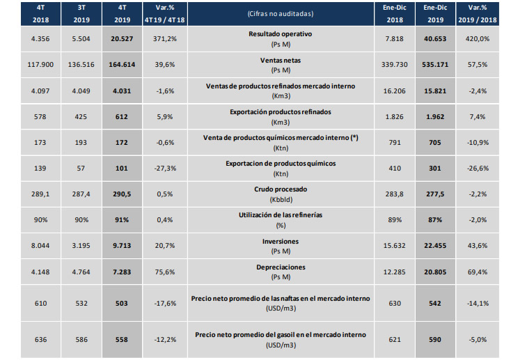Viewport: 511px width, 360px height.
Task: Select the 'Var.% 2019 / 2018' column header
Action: coord(484,15)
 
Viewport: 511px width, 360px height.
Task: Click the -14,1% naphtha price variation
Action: coord(484,304)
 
